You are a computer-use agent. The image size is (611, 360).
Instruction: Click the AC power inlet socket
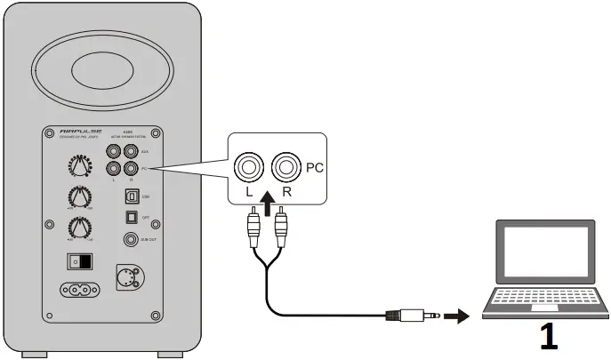pyautogui.click(x=77, y=289)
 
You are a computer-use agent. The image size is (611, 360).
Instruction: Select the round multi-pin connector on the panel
pyautogui.click(x=127, y=276)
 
